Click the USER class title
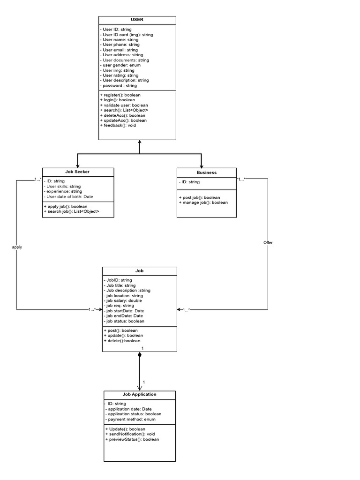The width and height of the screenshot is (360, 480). point(137,20)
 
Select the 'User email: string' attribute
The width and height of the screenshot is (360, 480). point(119,50)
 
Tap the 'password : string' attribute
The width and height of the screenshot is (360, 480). point(119,86)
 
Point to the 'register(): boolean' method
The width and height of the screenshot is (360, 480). point(120,95)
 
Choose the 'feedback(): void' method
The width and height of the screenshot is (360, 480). point(118,125)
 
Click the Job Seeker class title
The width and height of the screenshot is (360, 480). point(77,172)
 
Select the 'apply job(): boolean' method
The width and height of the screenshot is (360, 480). point(67,206)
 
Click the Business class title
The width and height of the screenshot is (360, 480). point(206,172)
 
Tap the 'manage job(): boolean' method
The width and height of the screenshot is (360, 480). point(203,202)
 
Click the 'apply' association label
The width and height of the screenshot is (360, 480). point(17,247)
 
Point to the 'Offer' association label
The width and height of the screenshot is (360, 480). point(268,243)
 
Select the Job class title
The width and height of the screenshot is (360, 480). point(140,271)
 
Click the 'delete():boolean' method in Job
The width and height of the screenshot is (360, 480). point(122,341)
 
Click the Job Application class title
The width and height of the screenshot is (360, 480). point(140,395)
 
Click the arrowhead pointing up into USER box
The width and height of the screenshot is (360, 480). point(140,142)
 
